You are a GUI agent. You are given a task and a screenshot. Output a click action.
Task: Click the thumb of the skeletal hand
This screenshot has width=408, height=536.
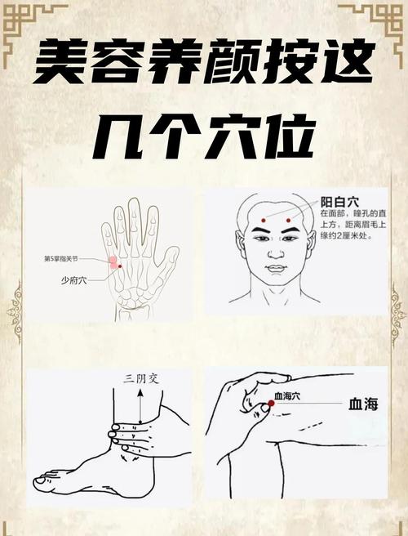(x=168, y=261)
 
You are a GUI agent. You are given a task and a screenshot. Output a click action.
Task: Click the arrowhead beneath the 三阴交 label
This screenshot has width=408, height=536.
(x=140, y=392)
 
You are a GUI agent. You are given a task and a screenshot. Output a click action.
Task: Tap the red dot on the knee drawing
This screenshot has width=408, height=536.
(x=270, y=404)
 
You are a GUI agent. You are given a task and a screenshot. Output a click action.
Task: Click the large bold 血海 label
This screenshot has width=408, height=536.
(x=363, y=404)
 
